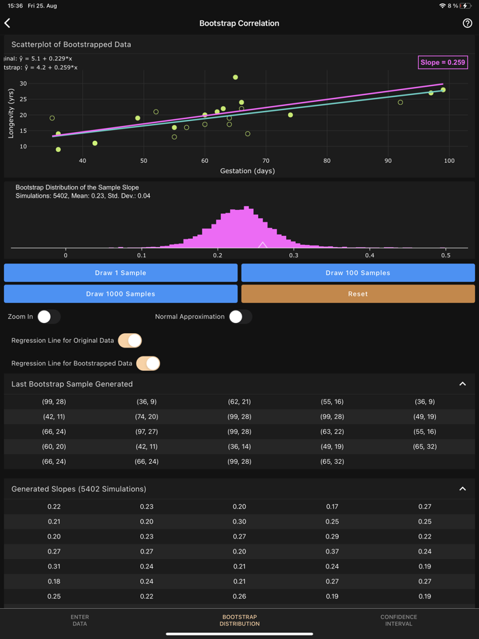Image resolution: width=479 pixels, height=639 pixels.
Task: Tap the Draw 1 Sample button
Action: (120, 273)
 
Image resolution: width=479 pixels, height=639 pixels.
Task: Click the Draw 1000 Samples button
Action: (120, 294)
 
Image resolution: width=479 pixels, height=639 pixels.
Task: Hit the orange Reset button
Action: (358, 294)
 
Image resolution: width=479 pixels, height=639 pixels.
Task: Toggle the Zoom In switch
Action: (49, 317)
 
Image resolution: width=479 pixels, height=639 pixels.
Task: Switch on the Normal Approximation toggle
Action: (240, 317)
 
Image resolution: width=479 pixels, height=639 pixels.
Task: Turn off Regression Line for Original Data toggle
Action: (130, 340)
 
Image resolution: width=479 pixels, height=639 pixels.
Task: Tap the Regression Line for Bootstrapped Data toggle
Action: (148, 363)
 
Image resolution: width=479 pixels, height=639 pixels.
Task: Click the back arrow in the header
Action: (8, 23)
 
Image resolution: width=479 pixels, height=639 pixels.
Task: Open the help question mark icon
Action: (467, 23)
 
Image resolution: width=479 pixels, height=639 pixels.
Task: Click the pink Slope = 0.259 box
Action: (443, 62)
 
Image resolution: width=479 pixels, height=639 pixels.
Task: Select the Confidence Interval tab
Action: (398, 620)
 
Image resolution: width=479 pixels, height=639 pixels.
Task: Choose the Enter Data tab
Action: (80, 620)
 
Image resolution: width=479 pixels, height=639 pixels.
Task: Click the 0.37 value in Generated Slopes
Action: (332, 551)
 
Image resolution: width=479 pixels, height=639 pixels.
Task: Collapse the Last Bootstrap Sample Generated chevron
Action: (463, 384)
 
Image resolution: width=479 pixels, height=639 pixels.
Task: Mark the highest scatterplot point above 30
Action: (235, 77)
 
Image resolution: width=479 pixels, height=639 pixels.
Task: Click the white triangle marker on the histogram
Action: (263, 244)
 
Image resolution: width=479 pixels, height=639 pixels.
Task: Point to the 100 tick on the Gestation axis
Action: (449, 161)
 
